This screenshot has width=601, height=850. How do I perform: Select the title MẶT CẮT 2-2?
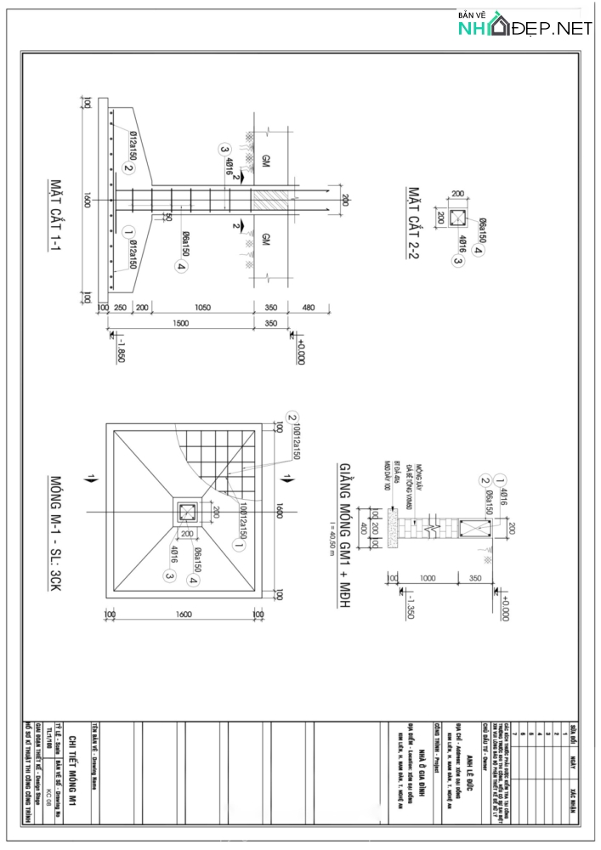(x=413, y=224)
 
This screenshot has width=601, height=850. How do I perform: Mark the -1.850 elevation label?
(x=119, y=348)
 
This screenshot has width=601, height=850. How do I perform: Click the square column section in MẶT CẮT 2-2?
(x=459, y=216)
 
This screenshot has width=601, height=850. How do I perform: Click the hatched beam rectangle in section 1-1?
(x=271, y=201)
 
